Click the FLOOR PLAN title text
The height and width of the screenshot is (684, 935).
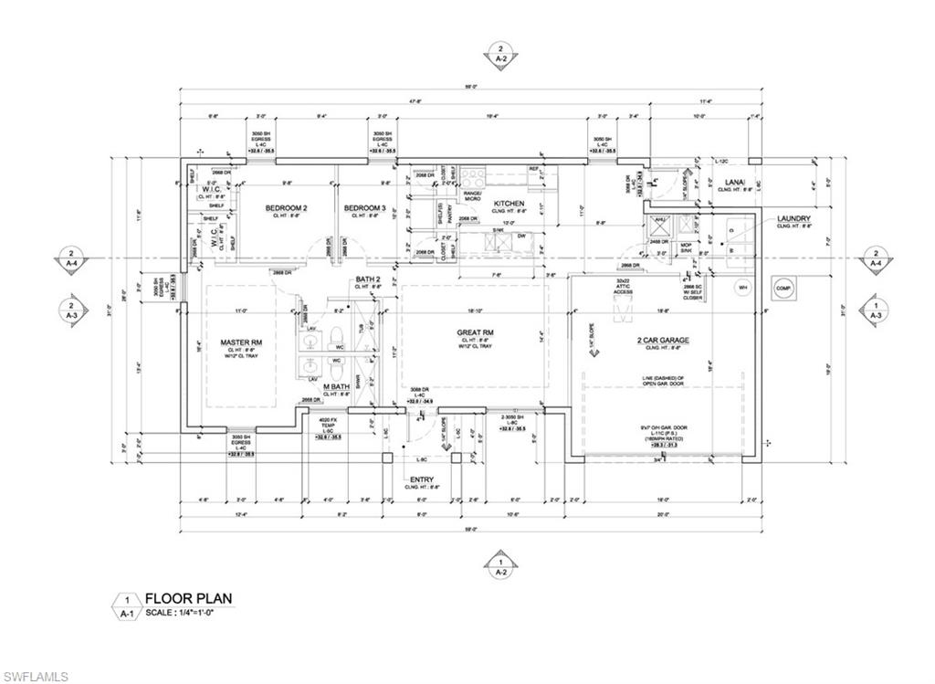pyautogui.click(x=188, y=599)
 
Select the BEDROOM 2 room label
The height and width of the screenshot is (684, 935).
pyautogui.click(x=286, y=208)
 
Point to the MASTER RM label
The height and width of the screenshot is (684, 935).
pyautogui.click(x=241, y=342)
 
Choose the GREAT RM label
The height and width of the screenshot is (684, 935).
pyautogui.click(x=476, y=332)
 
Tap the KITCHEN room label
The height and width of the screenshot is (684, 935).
pyautogui.click(x=509, y=203)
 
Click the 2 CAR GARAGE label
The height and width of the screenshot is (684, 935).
pyautogui.click(x=663, y=340)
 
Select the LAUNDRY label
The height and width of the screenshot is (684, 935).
pyautogui.click(x=794, y=219)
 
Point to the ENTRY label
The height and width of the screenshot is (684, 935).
pyautogui.click(x=422, y=479)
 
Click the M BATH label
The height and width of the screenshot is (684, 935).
pyautogui.click(x=337, y=388)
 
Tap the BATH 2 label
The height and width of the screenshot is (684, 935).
pyautogui.click(x=367, y=279)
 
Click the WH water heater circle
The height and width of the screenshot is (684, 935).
pyautogui.click(x=743, y=287)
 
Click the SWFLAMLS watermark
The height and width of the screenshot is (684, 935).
pyautogui.click(x=36, y=676)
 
